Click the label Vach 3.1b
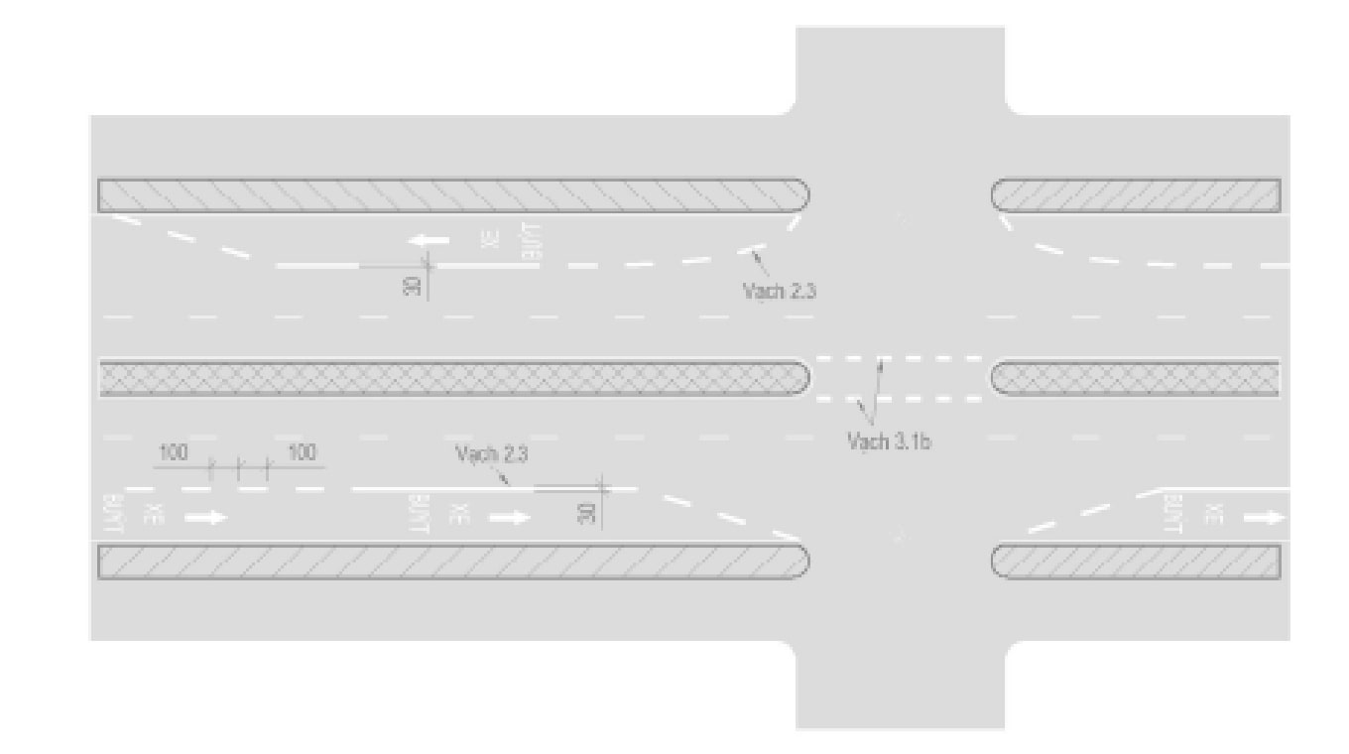click(x=889, y=441)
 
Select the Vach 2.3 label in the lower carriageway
click(x=491, y=454)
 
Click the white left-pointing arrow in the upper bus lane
click(x=431, y=240)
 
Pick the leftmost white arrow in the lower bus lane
click(x=206, y=518)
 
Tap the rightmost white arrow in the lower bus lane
click(x=1265, y=518)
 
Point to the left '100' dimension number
click(x=174, y=453)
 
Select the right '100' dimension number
click(x=302, y=453)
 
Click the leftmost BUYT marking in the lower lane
click(x=111, y=514)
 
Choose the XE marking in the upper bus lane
click(x=487, y=241)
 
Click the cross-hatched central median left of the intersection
click(x=452, y=378)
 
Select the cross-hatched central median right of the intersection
click(x=1136, y=378)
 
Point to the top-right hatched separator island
click(x=1136, y=195)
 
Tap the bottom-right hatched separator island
click(x=1136, y=562)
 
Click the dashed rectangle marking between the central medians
click(x=899, y=378)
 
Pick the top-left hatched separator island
click(x=452, y=195)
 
